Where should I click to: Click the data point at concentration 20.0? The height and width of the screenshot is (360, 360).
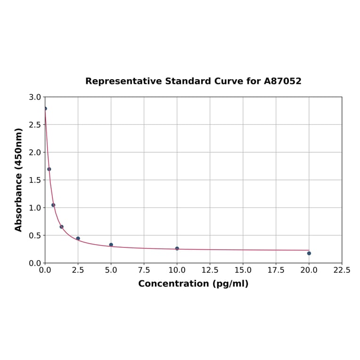click(x=309, y=253)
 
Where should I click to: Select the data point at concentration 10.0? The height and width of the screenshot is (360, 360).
click(x=177, y=248)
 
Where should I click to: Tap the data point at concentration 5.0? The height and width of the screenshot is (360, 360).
click(x=111, y=245)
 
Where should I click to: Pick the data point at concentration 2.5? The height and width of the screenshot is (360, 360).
click(x=78, y=238)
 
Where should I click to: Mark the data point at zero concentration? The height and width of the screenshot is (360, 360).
click(x=45, y=108)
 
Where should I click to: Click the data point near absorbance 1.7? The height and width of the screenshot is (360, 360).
click(x=49, y=169)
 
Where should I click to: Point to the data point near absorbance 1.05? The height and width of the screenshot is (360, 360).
click(x=53, y=205)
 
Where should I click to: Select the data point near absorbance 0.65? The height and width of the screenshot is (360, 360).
click(x=62, y=227)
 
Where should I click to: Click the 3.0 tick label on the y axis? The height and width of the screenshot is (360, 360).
click(x=35, y=97)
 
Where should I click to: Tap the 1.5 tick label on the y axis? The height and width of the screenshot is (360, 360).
click(x=35, y=180)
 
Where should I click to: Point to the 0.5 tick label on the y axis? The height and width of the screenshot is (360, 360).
click(x=35, y=236)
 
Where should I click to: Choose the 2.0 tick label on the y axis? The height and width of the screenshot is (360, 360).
click(x=35, y=153)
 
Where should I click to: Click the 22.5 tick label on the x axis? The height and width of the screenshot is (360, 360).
click(x=342, y=270)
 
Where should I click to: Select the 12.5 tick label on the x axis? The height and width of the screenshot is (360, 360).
click(x=210, y=270)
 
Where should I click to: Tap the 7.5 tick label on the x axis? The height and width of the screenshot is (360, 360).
click(x=144, y=270)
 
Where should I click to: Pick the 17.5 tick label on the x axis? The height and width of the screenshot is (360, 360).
click(x=276, y=270)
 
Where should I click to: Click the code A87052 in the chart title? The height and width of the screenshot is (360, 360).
click(x=282, y=82)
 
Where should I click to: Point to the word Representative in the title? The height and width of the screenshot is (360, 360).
click(x=123, y=82)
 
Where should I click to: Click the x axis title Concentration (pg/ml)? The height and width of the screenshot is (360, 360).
click(x=193, y=284)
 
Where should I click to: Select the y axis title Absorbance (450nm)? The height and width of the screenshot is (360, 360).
click(x=19, y=180)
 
